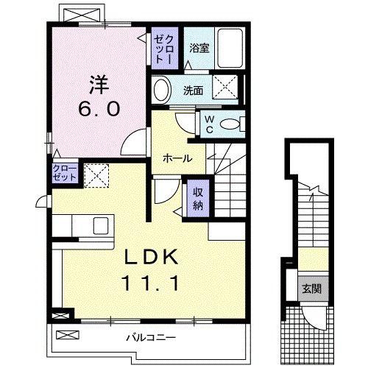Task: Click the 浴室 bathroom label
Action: [199, 49]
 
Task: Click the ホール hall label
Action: [177, 158]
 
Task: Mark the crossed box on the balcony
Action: [66, 336]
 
